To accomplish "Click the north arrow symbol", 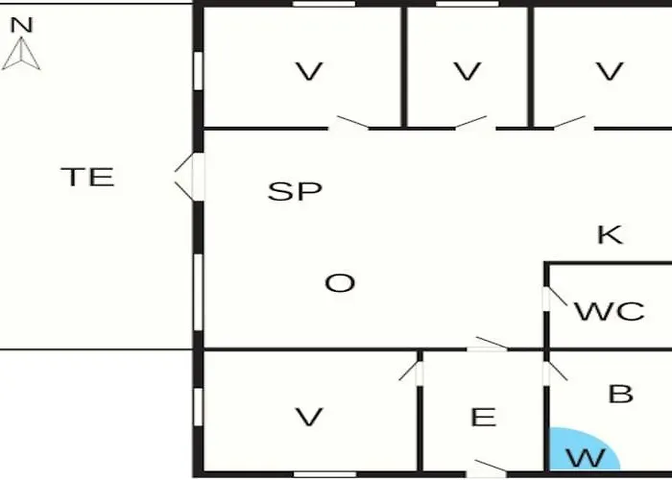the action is (x=21, y=54).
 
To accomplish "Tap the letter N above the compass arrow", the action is (x=21, y=25).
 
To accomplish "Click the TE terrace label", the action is (x=88, y=177).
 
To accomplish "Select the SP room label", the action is (x=295, y=191).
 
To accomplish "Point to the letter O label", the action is (x=340, y=283).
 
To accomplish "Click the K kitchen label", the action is (x=610, y=234).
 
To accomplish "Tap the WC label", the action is (x=610, y=311).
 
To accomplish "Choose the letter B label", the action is (x=620, y=394).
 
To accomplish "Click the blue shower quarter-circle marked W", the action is (x=582, y=451).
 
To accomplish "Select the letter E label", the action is (x=484, y=417).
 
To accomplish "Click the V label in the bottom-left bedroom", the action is (x=309, y=417).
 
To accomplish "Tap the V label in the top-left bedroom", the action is (x=309, y=71).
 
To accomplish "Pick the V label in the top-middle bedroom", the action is (x=468, y=71).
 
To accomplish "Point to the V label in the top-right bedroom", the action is (x=610, y=71).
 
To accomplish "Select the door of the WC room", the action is (x=555, y=298).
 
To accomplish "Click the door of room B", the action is (x=555, y=372).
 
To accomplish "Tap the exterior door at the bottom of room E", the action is (x=488, y=468).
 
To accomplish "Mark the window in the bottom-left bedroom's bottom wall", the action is (x=324, y=474).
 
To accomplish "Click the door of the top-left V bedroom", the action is (x=348, y=124).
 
